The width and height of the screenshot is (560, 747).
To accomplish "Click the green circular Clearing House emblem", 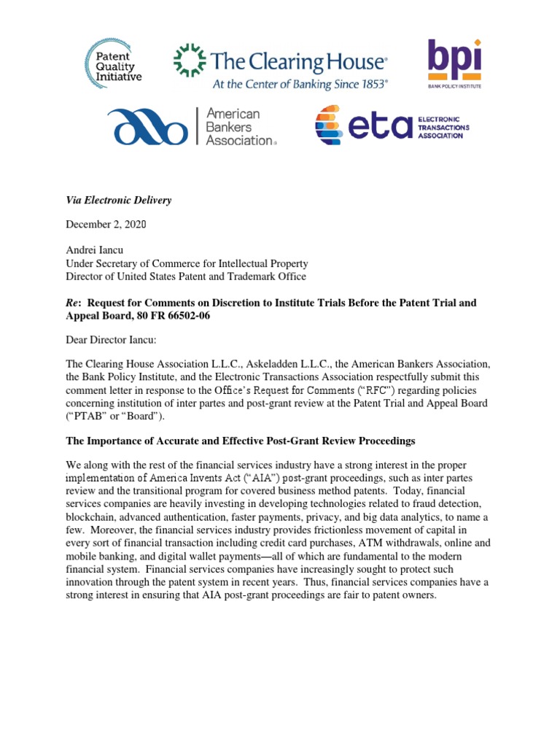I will pyautogui.click(x=190, y=61).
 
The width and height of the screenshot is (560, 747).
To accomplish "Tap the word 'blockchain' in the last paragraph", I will pyautogui.click(x=93, y=504).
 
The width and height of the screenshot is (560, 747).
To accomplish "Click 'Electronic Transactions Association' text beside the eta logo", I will pyautogui.click(x=444, y=126).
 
